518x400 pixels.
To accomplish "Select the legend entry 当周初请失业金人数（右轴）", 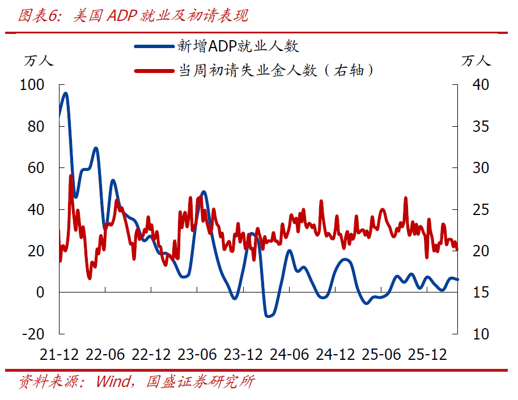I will tap(276, 71).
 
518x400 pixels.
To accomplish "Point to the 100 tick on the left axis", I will tap(32, 85).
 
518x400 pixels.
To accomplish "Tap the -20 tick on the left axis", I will tap(32, 334).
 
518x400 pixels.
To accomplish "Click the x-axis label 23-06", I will tap(197, 355).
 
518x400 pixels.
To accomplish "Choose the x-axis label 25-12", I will tap(427, 355).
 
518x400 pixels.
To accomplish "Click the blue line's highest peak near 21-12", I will tap(66, 93).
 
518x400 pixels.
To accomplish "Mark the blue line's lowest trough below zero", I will tap(269, 316).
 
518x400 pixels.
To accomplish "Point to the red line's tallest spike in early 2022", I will tap(71, 176).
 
